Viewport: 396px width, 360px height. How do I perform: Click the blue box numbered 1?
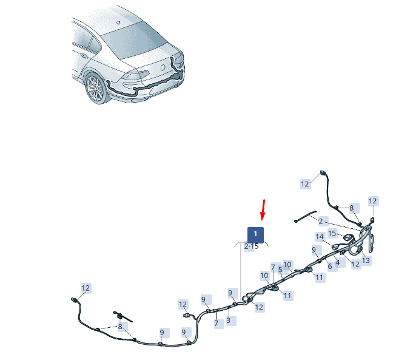(255, 234)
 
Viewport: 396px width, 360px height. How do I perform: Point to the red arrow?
(263, 210)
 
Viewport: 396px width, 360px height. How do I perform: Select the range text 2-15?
(251, 246)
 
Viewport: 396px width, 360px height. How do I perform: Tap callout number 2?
(320, 222)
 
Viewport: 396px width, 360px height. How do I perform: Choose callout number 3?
(280, 270)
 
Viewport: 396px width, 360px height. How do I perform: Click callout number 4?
(330, 267)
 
